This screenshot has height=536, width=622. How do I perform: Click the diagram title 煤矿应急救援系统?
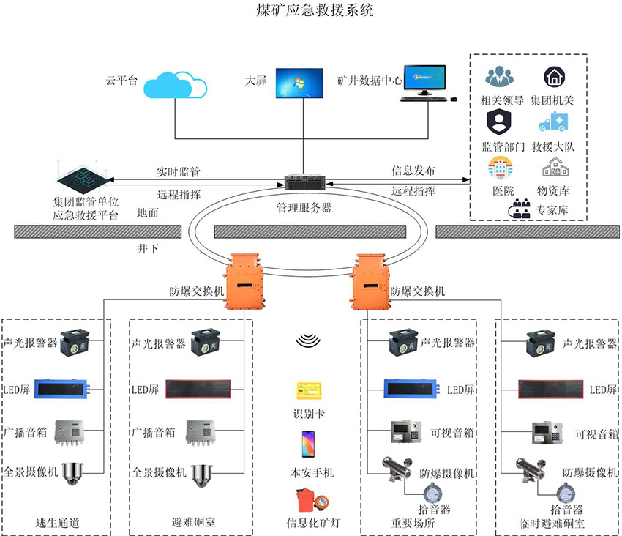310,11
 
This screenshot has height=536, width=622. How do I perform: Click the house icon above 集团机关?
554,76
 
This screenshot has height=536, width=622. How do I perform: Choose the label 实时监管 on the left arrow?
179,172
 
